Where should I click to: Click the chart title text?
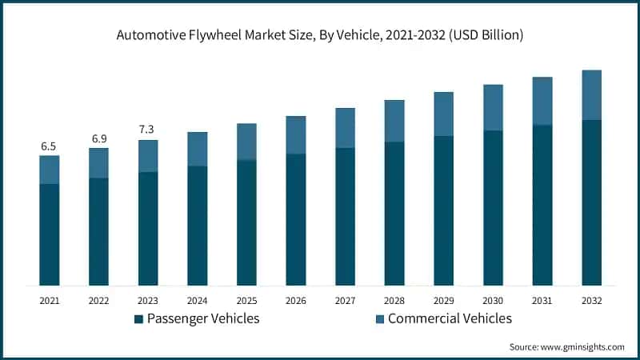[x=320, y=35]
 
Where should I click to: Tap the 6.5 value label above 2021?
[x=49, y=146]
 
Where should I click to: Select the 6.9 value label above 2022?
[x=98, y=138]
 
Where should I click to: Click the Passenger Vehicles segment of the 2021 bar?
[x=50, y=234]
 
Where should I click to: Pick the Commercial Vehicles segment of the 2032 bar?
[x=591, y=95]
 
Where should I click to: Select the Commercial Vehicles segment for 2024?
[x=198, y=149]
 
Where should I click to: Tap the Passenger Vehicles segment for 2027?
[x=346, y=216]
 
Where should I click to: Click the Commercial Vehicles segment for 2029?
[x=444, y=114]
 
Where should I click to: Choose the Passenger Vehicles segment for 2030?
[x=493, y=208]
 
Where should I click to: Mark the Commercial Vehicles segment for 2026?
[x=296, y=134]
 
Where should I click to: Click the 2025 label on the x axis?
[x=246, y=301]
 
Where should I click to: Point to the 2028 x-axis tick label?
[x=394, y=301]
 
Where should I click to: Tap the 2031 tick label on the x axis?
[x=542, y=301]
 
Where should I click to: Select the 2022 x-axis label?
[x=98, y=301]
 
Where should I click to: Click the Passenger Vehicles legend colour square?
[x=138, y=319]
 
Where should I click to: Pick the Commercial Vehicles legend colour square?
[x=379, y=319]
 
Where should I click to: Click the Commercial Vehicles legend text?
[x=450, y=318]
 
